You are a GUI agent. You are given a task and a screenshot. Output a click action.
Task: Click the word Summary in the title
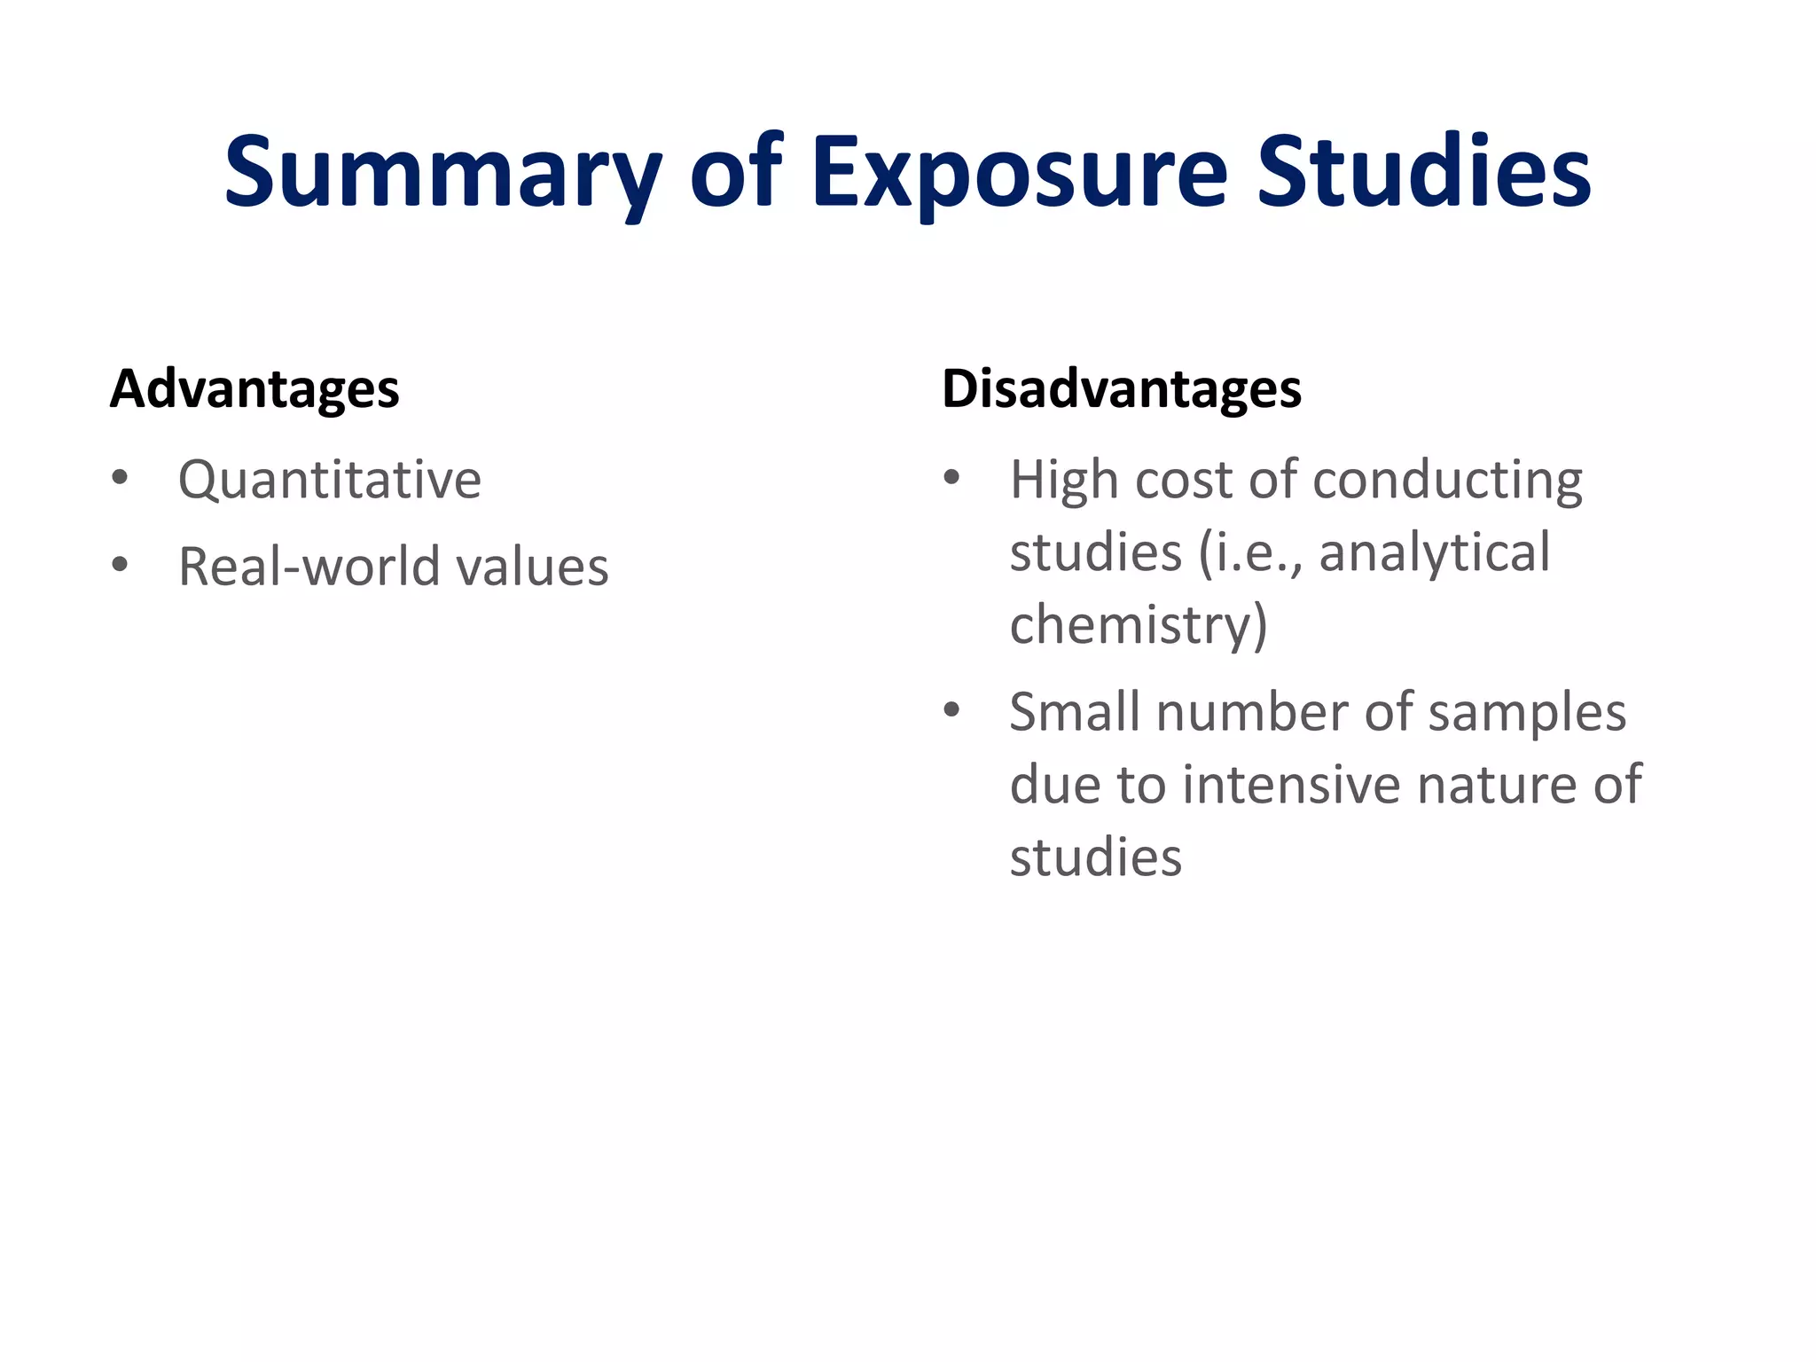tap(442, 173)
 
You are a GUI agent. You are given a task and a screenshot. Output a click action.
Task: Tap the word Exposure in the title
tap(1019, 173)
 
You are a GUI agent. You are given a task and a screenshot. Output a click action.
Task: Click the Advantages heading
tap(254, 389)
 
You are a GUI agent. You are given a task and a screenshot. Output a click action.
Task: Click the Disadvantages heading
tap(1121, 389)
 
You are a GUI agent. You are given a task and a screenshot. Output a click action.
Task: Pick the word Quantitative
tap(329, 481)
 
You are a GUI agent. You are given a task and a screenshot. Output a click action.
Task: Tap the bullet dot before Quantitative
tap(121, 479)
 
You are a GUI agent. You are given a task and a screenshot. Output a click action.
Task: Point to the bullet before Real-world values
tap(121, 565)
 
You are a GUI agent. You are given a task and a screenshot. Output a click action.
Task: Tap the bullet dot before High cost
tap(952, 479)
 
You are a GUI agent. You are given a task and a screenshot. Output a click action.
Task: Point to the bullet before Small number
tap(952, 710)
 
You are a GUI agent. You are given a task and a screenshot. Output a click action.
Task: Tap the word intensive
tap(1292, 786)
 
